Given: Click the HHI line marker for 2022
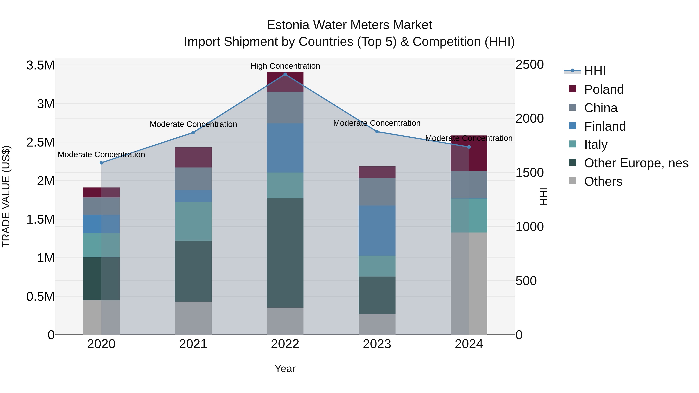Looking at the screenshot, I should coord(285,74).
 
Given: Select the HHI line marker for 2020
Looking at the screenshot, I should coord(101,163).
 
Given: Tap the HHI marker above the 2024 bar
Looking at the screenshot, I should coord(469,147).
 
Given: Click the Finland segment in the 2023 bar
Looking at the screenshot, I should coord(377,231).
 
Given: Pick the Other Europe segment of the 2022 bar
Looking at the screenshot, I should coord(285,253).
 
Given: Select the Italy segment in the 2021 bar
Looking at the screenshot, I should coord(193,221).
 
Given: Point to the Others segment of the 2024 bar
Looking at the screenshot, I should coord(469,283).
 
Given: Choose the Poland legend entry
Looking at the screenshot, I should coord(604,89).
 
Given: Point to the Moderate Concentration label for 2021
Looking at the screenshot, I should coord(193,124).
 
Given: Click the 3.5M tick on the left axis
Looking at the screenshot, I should coord(40,65).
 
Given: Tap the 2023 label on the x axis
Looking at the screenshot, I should coord(377,344).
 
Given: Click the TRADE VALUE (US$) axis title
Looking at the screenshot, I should coord(6,196).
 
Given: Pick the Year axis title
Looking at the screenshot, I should coord(285,369).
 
